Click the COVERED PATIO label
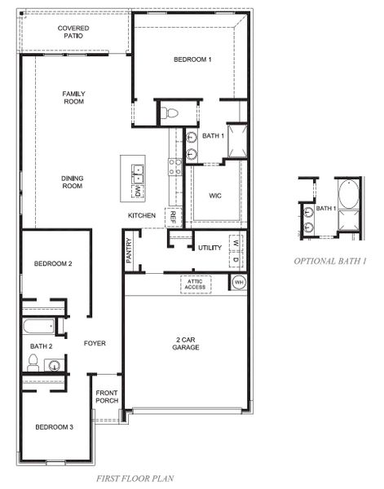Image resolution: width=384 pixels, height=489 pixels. (x=73, y=32)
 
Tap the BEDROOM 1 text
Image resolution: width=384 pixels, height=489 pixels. (x=192, y=59)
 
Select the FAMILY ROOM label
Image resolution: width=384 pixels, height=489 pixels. (x=73, y=98)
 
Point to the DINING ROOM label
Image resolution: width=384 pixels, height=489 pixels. (x=73, y=182)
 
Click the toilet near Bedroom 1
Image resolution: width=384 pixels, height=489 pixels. (x=170, y=112)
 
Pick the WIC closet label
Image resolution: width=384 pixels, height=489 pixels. (x=215, y=196)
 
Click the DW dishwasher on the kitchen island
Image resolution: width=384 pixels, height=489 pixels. (x=139, y=192)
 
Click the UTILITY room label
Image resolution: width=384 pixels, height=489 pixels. (x=210, y=247)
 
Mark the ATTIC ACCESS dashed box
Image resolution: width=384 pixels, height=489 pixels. (x=196, y=284)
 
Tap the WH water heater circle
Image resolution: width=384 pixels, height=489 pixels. (x=239, y=282)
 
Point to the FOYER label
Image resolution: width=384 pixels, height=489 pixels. (x=95, y=343)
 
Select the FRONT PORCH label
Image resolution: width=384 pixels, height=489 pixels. (x=108, y=396)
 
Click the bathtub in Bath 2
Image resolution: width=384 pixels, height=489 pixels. (x=38, y=328)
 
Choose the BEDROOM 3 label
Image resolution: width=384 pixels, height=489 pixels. (x=54, y=427)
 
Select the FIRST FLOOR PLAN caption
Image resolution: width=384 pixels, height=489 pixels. (x=135, y=479)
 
